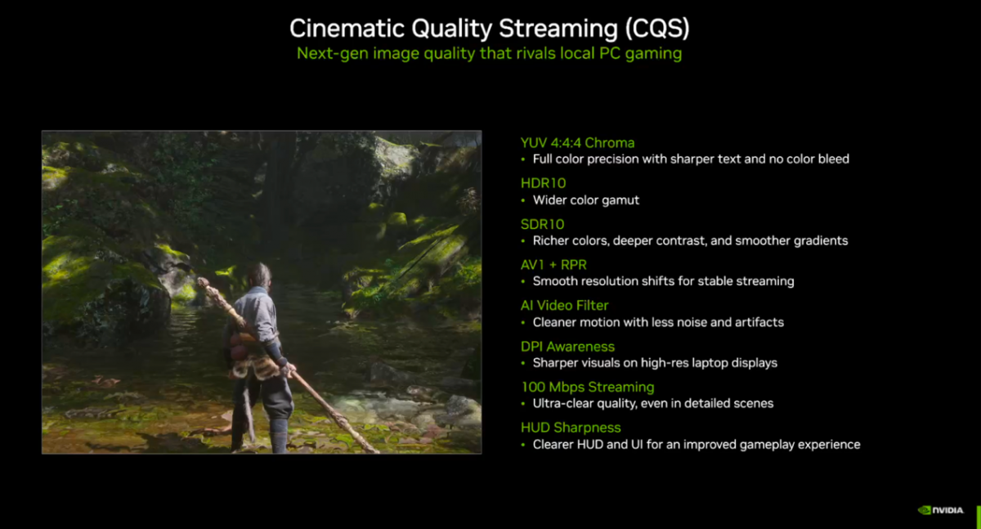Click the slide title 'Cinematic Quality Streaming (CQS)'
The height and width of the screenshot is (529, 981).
(489, 29)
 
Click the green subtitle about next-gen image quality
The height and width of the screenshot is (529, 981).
(489, 53)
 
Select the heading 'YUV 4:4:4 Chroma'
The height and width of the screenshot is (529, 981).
(577, 143)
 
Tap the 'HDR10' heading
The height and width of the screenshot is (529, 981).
(543, 183)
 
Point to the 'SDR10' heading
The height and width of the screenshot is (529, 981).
(542, 224)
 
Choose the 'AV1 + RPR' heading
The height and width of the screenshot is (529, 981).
(553, 265)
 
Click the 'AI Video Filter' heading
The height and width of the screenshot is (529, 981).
(565, 305)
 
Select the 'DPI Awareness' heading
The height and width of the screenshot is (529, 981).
(567, 347)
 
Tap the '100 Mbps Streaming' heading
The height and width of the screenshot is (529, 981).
(588, 387)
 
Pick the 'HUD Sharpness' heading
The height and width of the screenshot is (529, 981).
(571, 428)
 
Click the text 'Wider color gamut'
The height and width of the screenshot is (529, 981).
(586, 200)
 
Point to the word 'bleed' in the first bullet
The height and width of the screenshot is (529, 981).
(834, 159)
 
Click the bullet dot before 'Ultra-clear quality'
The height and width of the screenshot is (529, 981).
(523, 404)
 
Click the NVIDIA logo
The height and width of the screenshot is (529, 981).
(941, 510)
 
